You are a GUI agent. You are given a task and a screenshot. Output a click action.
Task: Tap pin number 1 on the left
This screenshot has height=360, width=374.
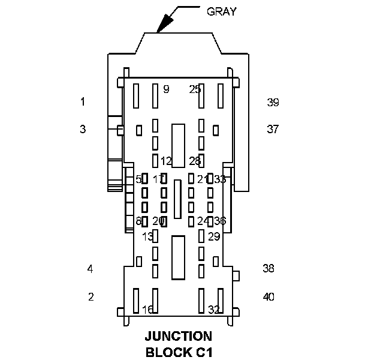tap(83, 102)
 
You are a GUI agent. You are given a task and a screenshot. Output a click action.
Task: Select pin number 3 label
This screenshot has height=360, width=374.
tap(83, 129)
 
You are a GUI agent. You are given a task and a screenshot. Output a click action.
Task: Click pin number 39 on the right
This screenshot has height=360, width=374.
tap(273, 103)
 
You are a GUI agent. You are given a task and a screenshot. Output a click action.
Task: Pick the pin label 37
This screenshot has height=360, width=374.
tap(273, 129)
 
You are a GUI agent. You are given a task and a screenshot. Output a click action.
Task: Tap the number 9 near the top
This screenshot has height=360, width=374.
tap(166, 89)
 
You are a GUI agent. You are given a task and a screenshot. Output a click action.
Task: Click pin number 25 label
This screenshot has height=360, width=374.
tap(195, 89)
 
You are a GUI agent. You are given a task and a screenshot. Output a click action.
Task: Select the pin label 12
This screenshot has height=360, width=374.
tap(166, 161)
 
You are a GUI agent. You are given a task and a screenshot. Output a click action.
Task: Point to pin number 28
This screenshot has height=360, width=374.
tap(195, 161)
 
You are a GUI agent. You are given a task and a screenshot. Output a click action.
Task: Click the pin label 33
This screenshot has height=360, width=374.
tap(220, 179)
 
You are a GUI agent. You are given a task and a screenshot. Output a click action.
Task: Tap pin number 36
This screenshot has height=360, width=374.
tap(220, 221)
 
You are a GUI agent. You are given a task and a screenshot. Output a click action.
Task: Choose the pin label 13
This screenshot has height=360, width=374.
tap(147, 236)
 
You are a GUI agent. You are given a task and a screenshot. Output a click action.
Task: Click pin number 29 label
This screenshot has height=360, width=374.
tap(214, 236)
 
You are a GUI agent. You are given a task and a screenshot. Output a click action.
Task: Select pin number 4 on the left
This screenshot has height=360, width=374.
tap(90, 269)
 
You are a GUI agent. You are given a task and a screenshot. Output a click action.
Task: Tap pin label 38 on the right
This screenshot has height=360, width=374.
tap(268, 268)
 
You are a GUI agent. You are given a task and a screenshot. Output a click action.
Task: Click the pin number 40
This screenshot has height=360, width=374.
tap(269, 296)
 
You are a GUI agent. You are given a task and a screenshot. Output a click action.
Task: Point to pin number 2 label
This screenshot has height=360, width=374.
tap(91, 296)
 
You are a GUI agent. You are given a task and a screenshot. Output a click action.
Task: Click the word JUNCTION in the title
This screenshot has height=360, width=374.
tap(179, 337)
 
